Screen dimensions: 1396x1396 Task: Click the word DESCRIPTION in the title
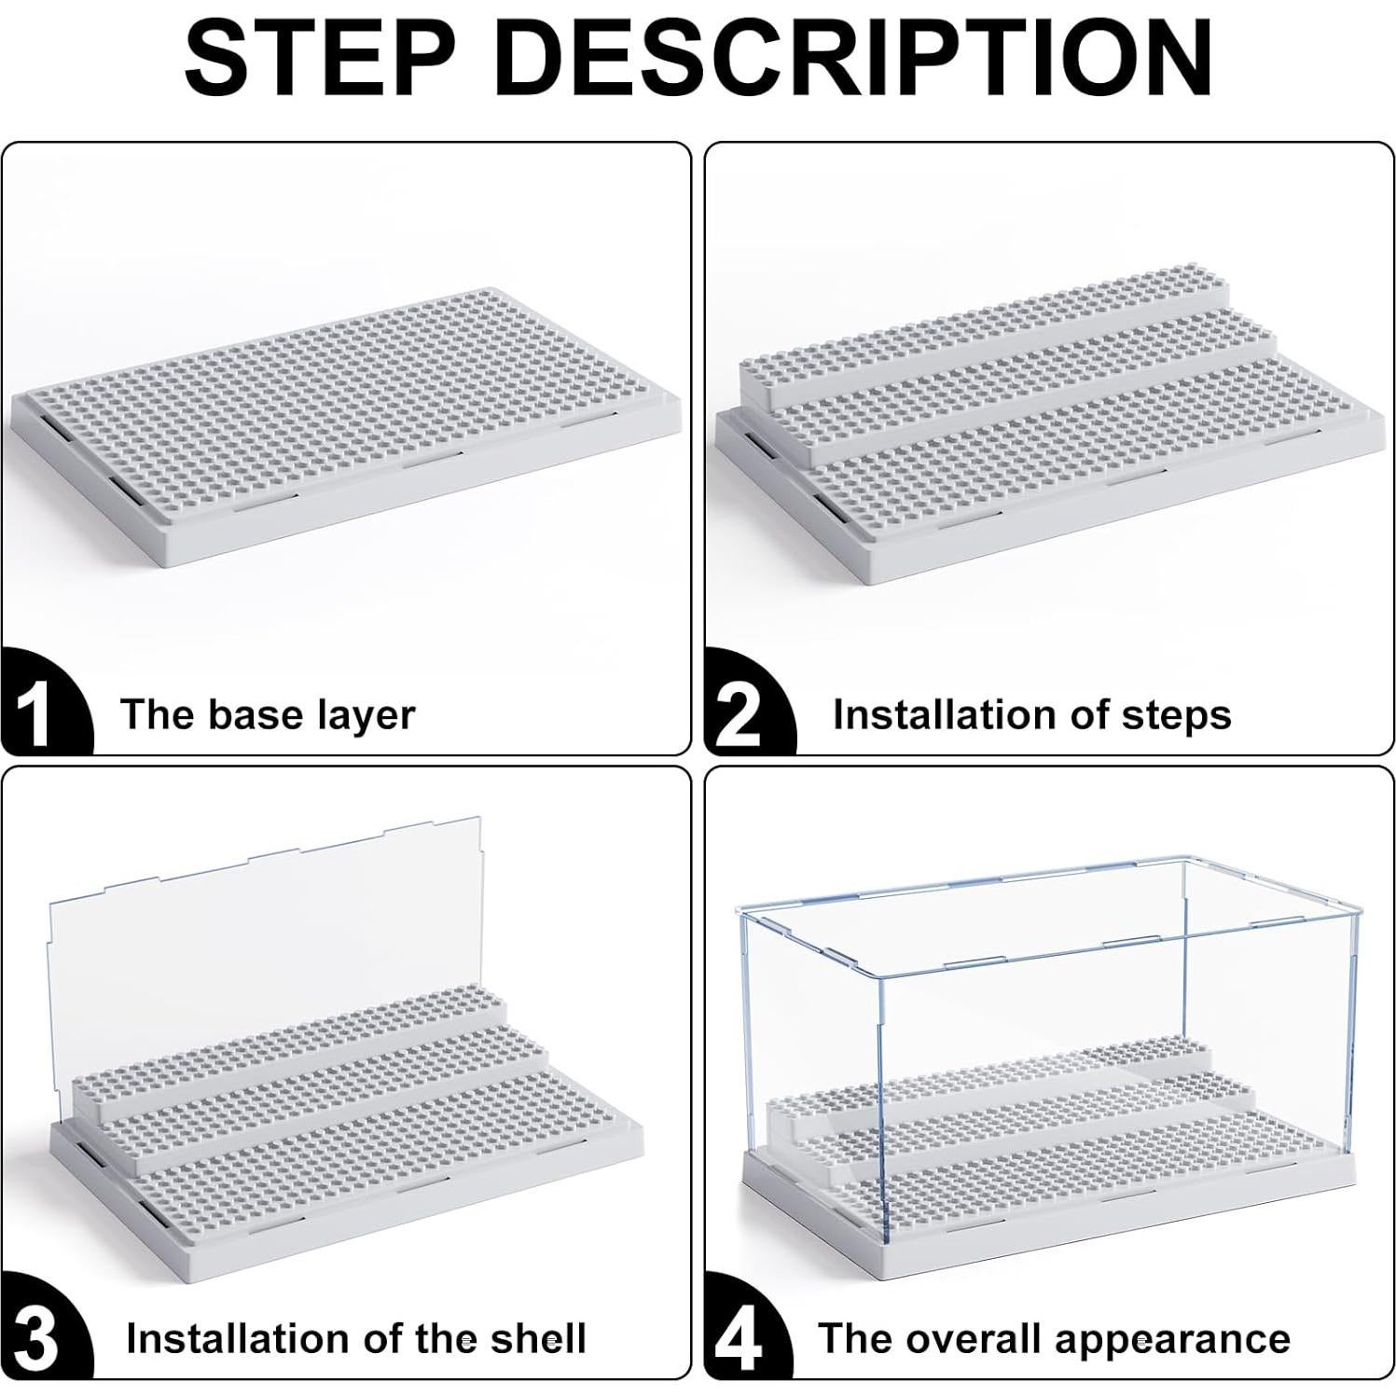pyautogui.click(x=855, y=59)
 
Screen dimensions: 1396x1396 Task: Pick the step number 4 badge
pyautogui.click(x=739, y=1339)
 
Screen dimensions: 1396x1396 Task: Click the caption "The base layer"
pyautogui.click(x=268, y=715)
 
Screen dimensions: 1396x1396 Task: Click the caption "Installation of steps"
pyautogui.click(x=1031, y=715)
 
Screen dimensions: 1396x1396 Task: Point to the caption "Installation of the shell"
pyautogui.click(x=355, y=1339)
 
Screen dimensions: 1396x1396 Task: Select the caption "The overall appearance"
pyautogui.click(x=1054, y=1339)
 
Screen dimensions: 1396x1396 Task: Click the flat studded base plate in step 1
pyautogui.click(x=345, y=410)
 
